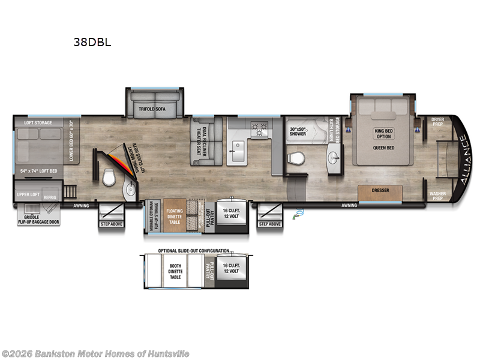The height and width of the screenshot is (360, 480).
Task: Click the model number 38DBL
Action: [x=91, y=43]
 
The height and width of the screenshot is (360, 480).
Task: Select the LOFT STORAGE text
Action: [x=38, y=122]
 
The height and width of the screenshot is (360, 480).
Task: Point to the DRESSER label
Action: [x=380, y=190]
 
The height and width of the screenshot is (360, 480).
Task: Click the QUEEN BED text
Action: [x=383, y=147]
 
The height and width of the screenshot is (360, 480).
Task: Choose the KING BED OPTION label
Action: [x=383, y=133]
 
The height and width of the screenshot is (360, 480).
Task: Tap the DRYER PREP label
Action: [x=437, y=122]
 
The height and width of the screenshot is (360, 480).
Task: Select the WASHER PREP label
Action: [x=437, y=196]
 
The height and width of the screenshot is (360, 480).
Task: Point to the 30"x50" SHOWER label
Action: [x=298, y=131]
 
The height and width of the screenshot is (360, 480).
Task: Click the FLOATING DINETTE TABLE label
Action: [x=175, y=215]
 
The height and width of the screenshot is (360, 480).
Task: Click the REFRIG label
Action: [x=50, y=196]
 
